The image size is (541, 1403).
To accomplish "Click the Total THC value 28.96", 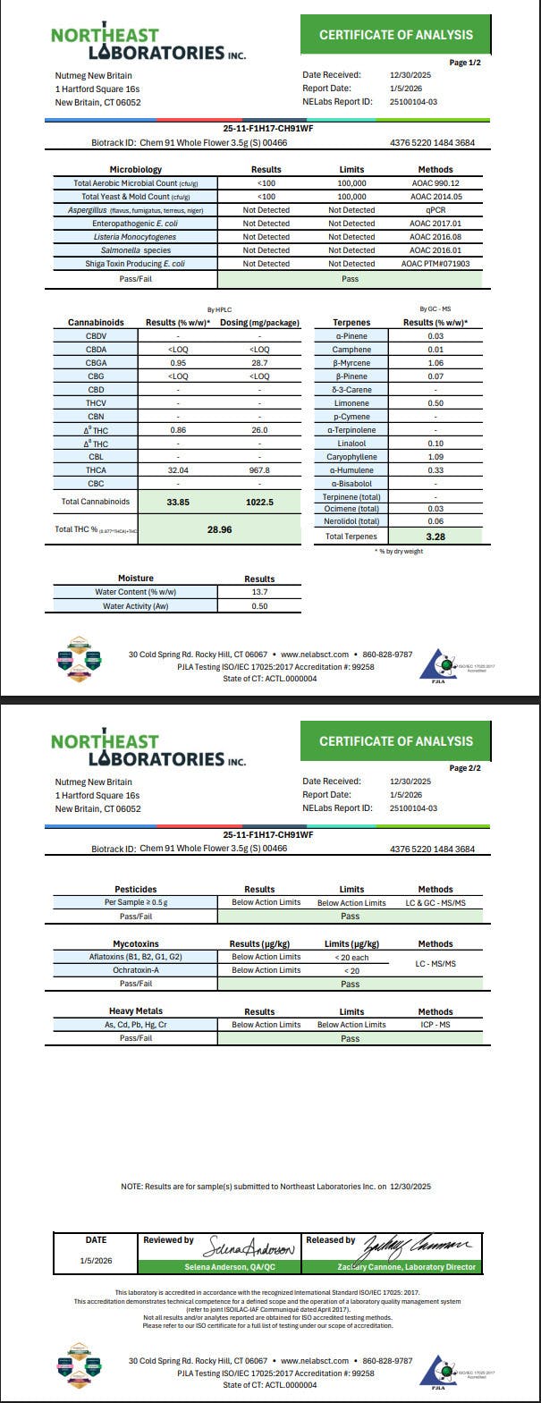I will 219,529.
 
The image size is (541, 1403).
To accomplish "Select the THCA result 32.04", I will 178,469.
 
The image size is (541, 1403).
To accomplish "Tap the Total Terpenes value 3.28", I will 435,537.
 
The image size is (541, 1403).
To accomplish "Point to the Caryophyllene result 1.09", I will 435,457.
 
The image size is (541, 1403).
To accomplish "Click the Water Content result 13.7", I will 259,592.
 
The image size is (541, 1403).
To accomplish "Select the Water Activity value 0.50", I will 259,606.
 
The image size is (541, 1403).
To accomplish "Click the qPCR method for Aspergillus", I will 435,210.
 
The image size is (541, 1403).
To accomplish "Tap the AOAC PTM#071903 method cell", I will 435,264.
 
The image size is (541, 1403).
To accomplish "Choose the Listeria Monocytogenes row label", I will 138,237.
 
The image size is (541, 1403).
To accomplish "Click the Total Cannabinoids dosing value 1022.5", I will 259,503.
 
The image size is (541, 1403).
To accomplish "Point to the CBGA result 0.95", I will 178,363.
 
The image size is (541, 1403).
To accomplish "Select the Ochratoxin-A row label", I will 136,970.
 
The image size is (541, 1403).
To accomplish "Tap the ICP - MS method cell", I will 435,1025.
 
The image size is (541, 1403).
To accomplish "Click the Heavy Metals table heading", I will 136,1011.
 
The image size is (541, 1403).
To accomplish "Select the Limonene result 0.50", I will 435,403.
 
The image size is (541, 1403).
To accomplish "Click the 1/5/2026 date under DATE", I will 96,1260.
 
